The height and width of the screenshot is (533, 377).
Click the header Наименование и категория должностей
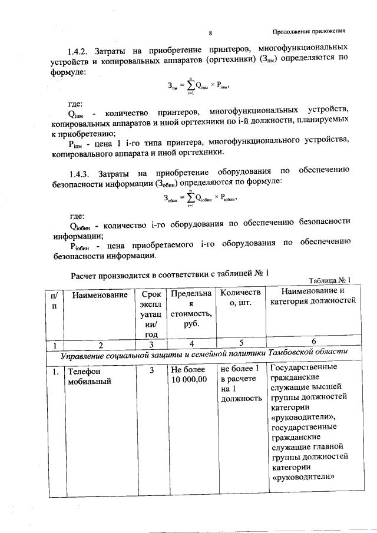point(313,297)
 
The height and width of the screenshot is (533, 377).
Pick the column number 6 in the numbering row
point(313,342)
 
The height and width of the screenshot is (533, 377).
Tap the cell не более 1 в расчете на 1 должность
point(240,383)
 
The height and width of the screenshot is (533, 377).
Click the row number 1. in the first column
point(54,372)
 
